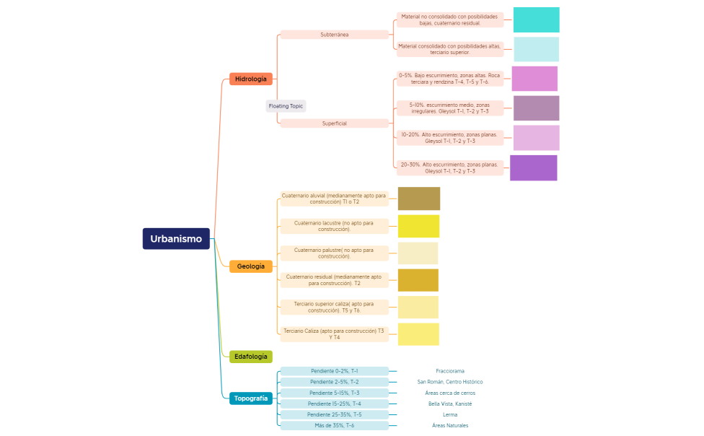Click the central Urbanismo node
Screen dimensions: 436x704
click(176, 239)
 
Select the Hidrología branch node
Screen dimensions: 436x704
click(251, 79)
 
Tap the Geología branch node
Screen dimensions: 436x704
click(251, 266)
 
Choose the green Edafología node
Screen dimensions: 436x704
click(251, 357)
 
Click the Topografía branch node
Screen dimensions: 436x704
click(251, 398)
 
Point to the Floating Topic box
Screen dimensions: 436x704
click(286, 106)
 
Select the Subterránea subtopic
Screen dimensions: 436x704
click(335, 35)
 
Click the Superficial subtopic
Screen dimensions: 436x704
click(335, 123)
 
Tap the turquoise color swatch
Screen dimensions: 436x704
click(536, 20)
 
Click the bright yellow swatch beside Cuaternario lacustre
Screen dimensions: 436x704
click(418, 226)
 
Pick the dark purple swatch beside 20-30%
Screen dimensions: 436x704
click(533, 168)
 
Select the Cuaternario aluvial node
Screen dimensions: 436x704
click(335, 199)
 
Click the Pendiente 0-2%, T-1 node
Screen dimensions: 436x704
click(335, 371)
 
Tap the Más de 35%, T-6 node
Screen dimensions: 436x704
click(335, 426)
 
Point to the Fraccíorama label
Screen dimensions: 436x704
click(450, 371)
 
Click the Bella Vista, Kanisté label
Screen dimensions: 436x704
click(450, 404)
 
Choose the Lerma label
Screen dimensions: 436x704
click(450, 415)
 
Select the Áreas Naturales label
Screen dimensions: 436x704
click(450, 426)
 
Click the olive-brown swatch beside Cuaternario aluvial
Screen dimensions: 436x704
click(419, 199)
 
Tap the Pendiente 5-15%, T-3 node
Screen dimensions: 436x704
click(335, 393)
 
